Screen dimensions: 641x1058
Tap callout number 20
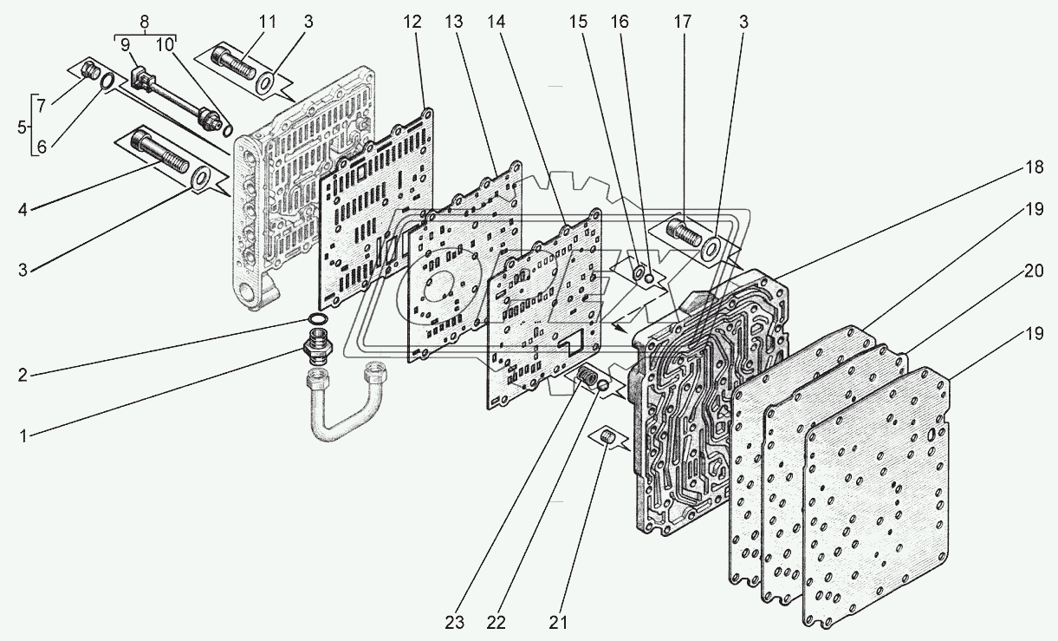[x=1032, y=271]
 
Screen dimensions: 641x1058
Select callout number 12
[x=412, y=22]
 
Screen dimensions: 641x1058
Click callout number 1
[x=24, y=436]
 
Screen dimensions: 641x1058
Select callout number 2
[x=24, y=375]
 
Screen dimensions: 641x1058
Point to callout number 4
[x=24, y=208]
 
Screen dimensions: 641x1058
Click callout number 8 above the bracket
[x=144, y=22]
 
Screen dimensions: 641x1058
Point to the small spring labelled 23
[x=588, y=378]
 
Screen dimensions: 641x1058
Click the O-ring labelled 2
[x=319, y=322]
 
